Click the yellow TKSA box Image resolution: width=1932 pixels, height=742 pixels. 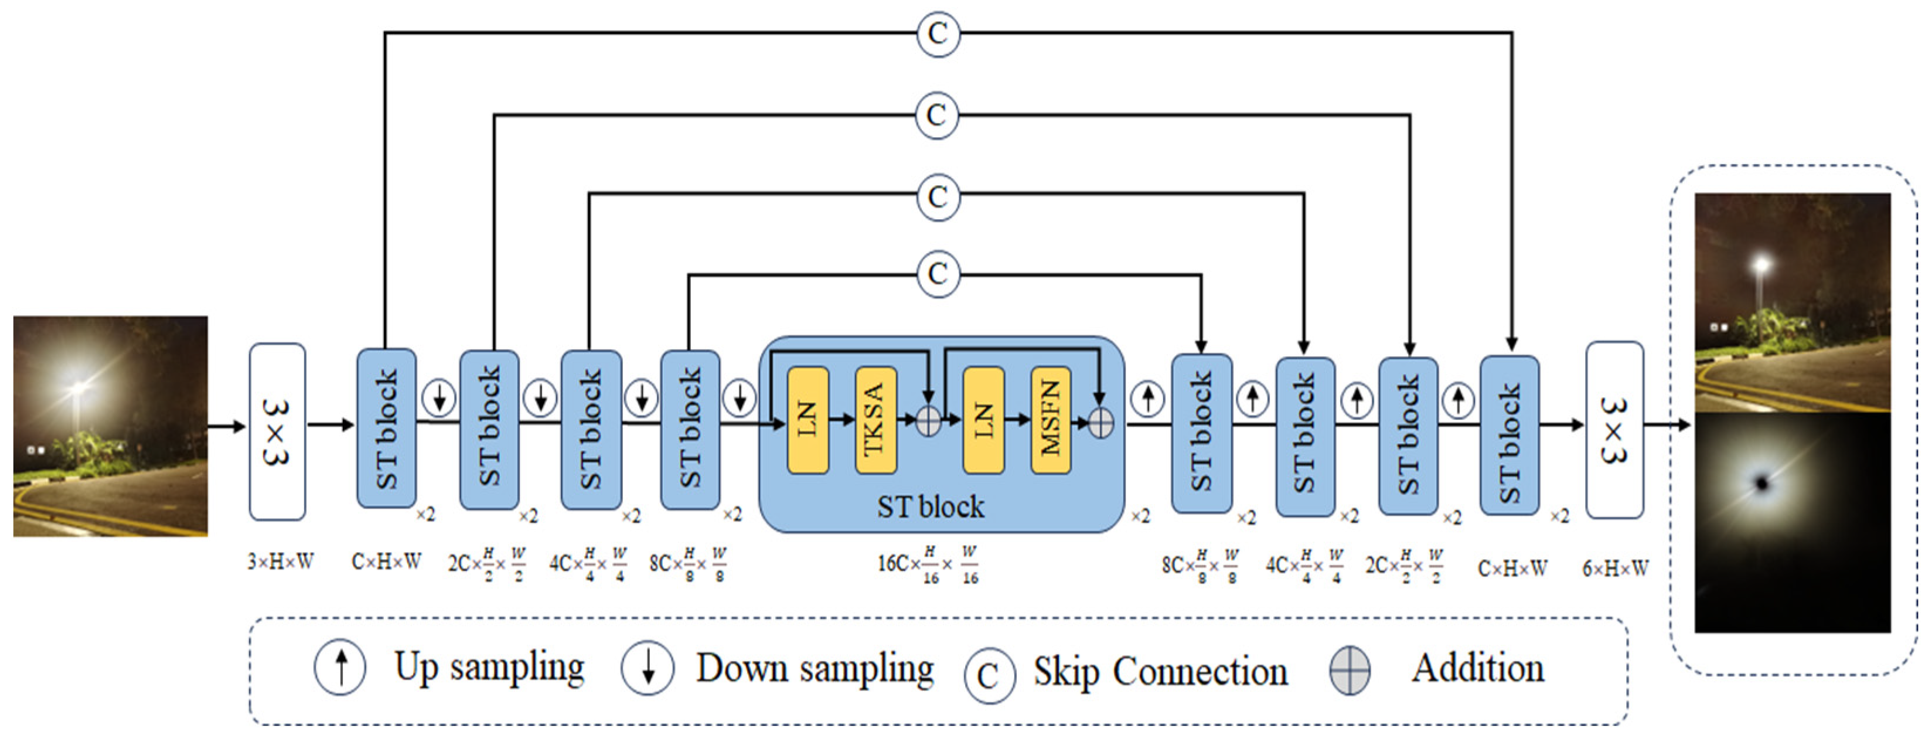(x=875, y=420)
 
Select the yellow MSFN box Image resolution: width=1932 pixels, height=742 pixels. (x=1051, y=420)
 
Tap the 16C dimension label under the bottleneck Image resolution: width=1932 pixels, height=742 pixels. (x=929, y=565)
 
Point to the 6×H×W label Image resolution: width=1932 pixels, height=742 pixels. (x=1616, y=569)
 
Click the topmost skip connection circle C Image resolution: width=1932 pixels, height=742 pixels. (x=938, y=33)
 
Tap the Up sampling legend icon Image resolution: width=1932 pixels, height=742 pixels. (x=340, y=667)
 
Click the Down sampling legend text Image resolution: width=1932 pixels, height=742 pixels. (x=815, y=668)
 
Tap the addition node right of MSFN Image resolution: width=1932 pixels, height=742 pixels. (x=1100, y=423)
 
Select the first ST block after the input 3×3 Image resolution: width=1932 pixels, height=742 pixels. (x=386, y=428)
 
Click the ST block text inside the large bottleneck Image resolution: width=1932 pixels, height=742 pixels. (x=931, y=507)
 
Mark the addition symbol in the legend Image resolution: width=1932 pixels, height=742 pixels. (x=1350, y=670)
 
